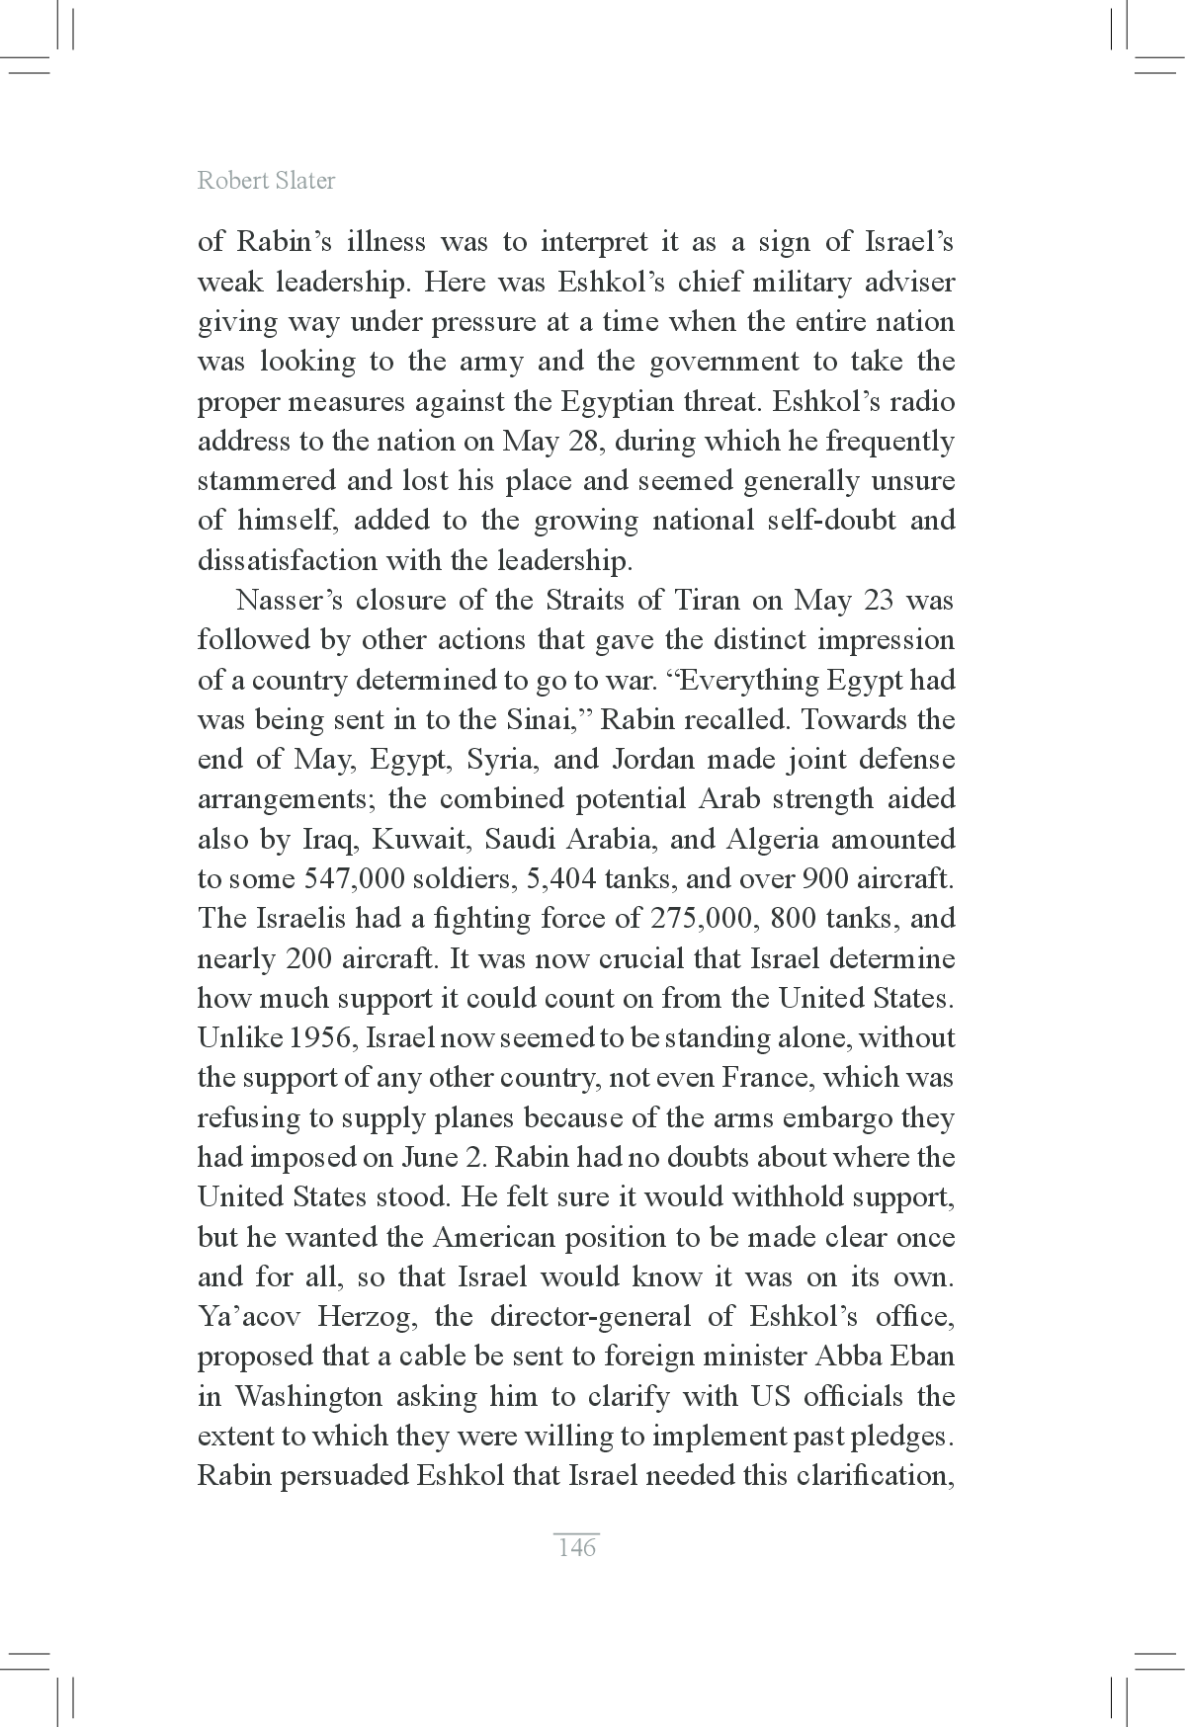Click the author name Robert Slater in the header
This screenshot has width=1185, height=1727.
click(x=266, y=180)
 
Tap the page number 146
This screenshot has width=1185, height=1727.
click(x=576, y=1547)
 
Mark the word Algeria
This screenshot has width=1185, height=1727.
click(x=772, y=840)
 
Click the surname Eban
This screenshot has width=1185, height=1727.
click(x=924, y=1357)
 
